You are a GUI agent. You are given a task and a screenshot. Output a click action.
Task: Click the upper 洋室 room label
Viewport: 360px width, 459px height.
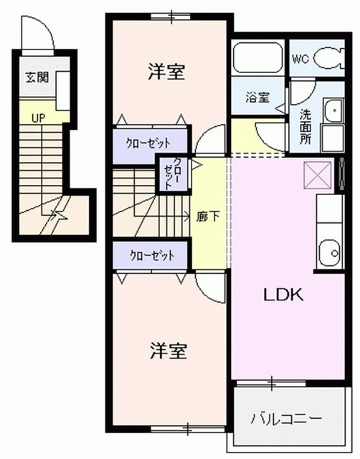168,72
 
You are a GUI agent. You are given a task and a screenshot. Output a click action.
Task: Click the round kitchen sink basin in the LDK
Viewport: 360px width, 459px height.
331,252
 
